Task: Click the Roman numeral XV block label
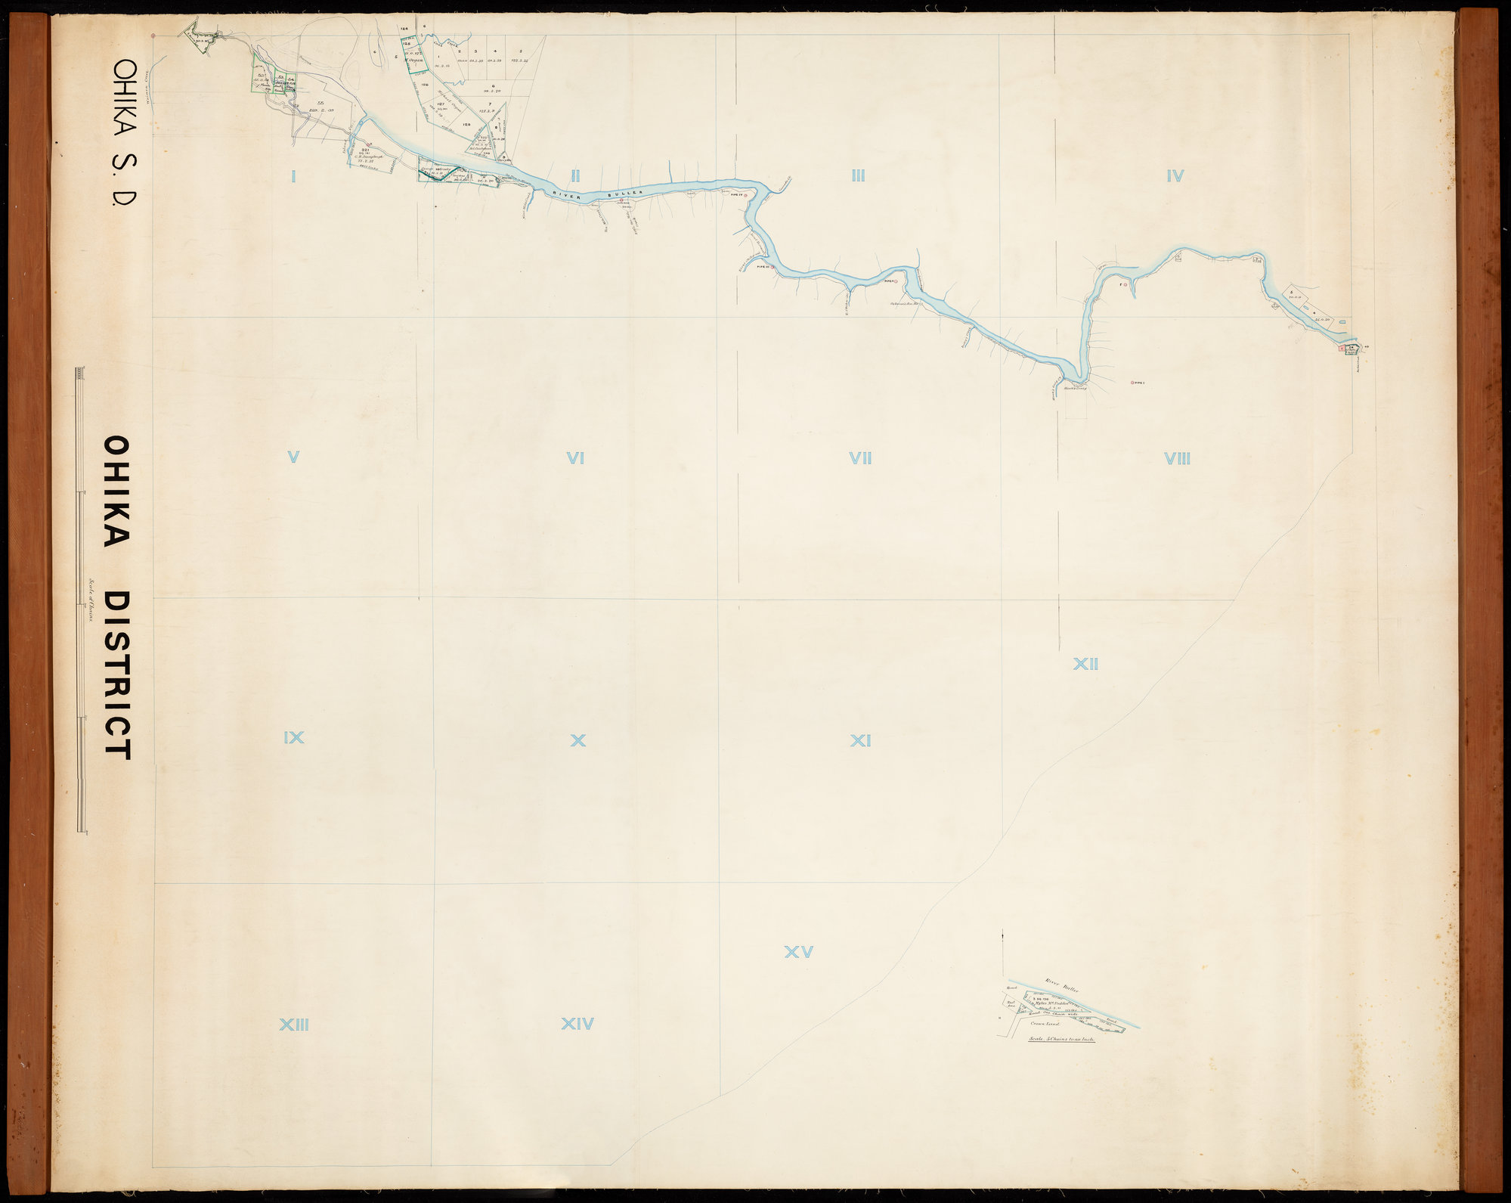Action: click(798, 953)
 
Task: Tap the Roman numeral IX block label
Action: click(293, 737)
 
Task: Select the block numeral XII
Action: click(1085, 665)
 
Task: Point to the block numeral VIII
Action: click(1178, 458)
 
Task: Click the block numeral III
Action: click(857, 176)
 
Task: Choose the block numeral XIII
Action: click(294, 1025)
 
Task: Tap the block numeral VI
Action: click(575, 457)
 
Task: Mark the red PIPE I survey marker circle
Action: click(1132, 383)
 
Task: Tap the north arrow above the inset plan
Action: click(1002, 937)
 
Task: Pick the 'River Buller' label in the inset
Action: click(1062, 985)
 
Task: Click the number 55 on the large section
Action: click(320, 102)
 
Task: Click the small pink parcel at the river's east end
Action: click(1341, 349)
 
